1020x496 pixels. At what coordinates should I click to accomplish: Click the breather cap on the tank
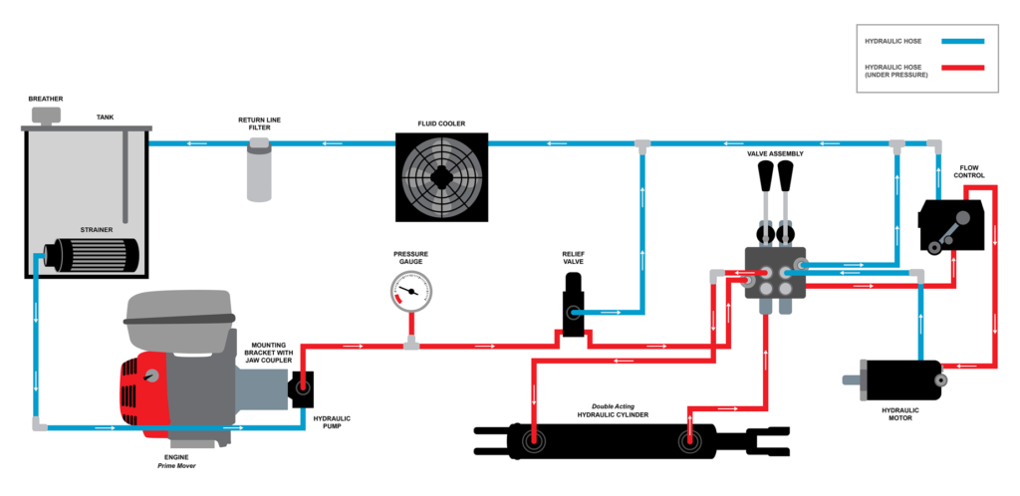(x=46, y=116)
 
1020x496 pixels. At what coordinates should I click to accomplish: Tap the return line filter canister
(x=259, y=170)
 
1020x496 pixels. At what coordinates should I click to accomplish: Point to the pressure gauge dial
(x=411, y=291)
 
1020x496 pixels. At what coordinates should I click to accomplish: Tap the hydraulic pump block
(x=301, y=389)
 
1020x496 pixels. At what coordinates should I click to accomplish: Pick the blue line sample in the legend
(x=955, y=41)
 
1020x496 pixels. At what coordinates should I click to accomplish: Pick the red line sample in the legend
(x=955, y=68)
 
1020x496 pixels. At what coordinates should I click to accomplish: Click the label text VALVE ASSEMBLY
(x=775, y=154)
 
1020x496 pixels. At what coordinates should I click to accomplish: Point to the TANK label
(x=105, y=117)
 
